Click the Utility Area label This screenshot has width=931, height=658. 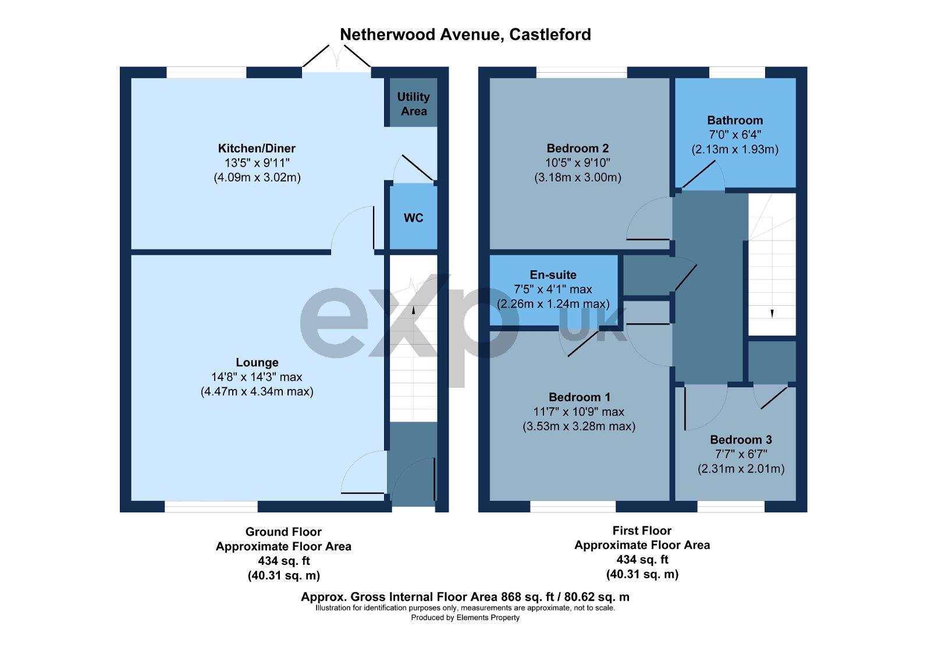(413, 104)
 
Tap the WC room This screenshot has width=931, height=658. (413, 218)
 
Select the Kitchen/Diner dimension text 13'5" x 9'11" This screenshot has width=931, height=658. (257, 163)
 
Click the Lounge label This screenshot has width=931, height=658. (257, 362)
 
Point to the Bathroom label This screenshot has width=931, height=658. (735, 121)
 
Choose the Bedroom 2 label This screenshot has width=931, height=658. (577, 148)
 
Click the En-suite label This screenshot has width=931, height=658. (553, 275)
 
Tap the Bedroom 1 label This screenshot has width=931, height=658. (579, 397)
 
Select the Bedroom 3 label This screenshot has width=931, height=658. (741, 440)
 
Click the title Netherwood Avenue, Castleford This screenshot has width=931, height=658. (465, 34)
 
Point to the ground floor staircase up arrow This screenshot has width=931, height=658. (413, 310)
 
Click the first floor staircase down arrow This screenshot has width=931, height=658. (772, 313)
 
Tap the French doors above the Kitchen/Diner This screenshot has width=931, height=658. (336, 59)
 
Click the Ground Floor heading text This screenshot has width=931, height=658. (283, 532)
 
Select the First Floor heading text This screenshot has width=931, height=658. (642, 530)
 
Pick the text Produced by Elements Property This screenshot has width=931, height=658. (465, 618)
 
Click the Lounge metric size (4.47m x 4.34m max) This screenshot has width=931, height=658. (257, 392)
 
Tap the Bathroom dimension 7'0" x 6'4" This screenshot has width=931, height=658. (735, 135)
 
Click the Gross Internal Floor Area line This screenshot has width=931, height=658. (465, 597)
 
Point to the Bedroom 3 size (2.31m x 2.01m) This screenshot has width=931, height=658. (741, 469)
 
